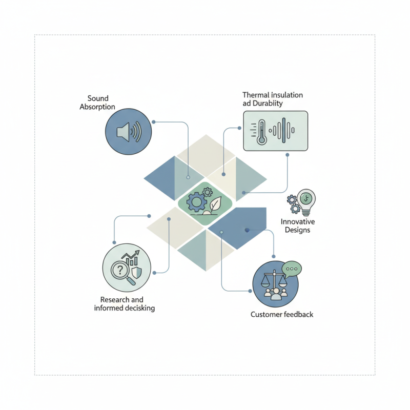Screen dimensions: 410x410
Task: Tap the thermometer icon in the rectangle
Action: [x=261, y=132]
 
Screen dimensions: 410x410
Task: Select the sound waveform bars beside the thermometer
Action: [x=282, y=130]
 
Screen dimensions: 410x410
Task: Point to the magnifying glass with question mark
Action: [x=122, y=272]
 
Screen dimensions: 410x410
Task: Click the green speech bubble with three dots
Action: [x=292, y=270]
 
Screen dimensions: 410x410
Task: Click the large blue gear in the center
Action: [x=196, y=202]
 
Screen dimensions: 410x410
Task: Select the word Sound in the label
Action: [x=98, y=98]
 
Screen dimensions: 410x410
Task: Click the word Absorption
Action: [x=97, y=107]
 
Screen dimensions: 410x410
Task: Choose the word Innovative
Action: [x=298, y=222]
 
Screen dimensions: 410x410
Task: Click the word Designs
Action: [x=297, y=230]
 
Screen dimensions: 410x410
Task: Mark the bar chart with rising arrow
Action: [x=131, y=258]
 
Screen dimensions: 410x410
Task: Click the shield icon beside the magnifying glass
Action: [x=136, y=273]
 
